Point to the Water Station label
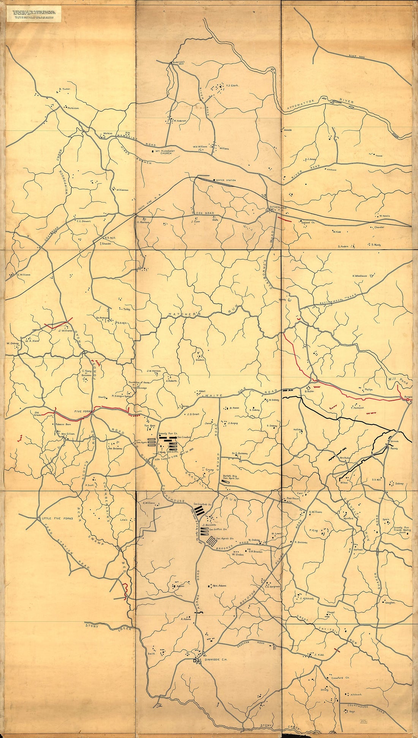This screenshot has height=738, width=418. [226, 180]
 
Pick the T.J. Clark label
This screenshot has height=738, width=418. [232, 86]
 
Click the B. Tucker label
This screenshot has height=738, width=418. [64, 89]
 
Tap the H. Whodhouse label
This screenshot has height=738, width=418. [359, 276]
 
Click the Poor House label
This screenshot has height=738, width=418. [293, 498]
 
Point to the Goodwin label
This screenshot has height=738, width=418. [200, 360]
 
